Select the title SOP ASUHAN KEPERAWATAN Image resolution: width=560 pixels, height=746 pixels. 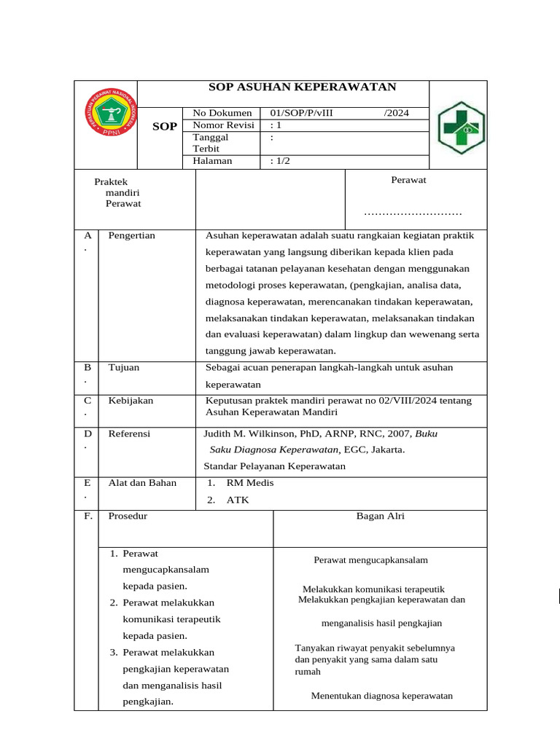click(x=303, y=87)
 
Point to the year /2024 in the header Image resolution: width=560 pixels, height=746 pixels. click(x=396, y=113)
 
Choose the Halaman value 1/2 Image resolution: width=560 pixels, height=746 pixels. click(x=281, y=161)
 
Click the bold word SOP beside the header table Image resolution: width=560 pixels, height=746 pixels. click(x=165, y=127)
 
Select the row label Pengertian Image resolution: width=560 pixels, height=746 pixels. click(x=131, y=235)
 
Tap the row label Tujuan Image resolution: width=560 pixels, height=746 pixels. click(x=123, y=367)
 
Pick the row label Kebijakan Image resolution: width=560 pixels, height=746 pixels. click(x=131, y=401)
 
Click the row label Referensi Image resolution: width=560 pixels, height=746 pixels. click(x=129, y=433)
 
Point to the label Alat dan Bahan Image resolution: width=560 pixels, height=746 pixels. click(x=142, y=482)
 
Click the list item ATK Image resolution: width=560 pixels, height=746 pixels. click(x=237, y=500)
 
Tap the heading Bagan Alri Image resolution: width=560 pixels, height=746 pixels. click(x=380, y=516)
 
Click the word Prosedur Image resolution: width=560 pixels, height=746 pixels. click(x=128, y=516)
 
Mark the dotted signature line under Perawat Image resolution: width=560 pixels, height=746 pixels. click(x=413, y=213)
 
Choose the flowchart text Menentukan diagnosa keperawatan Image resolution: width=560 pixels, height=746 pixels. click(x=381, y=696)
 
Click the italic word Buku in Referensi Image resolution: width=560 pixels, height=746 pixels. click(x=426, y=433)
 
